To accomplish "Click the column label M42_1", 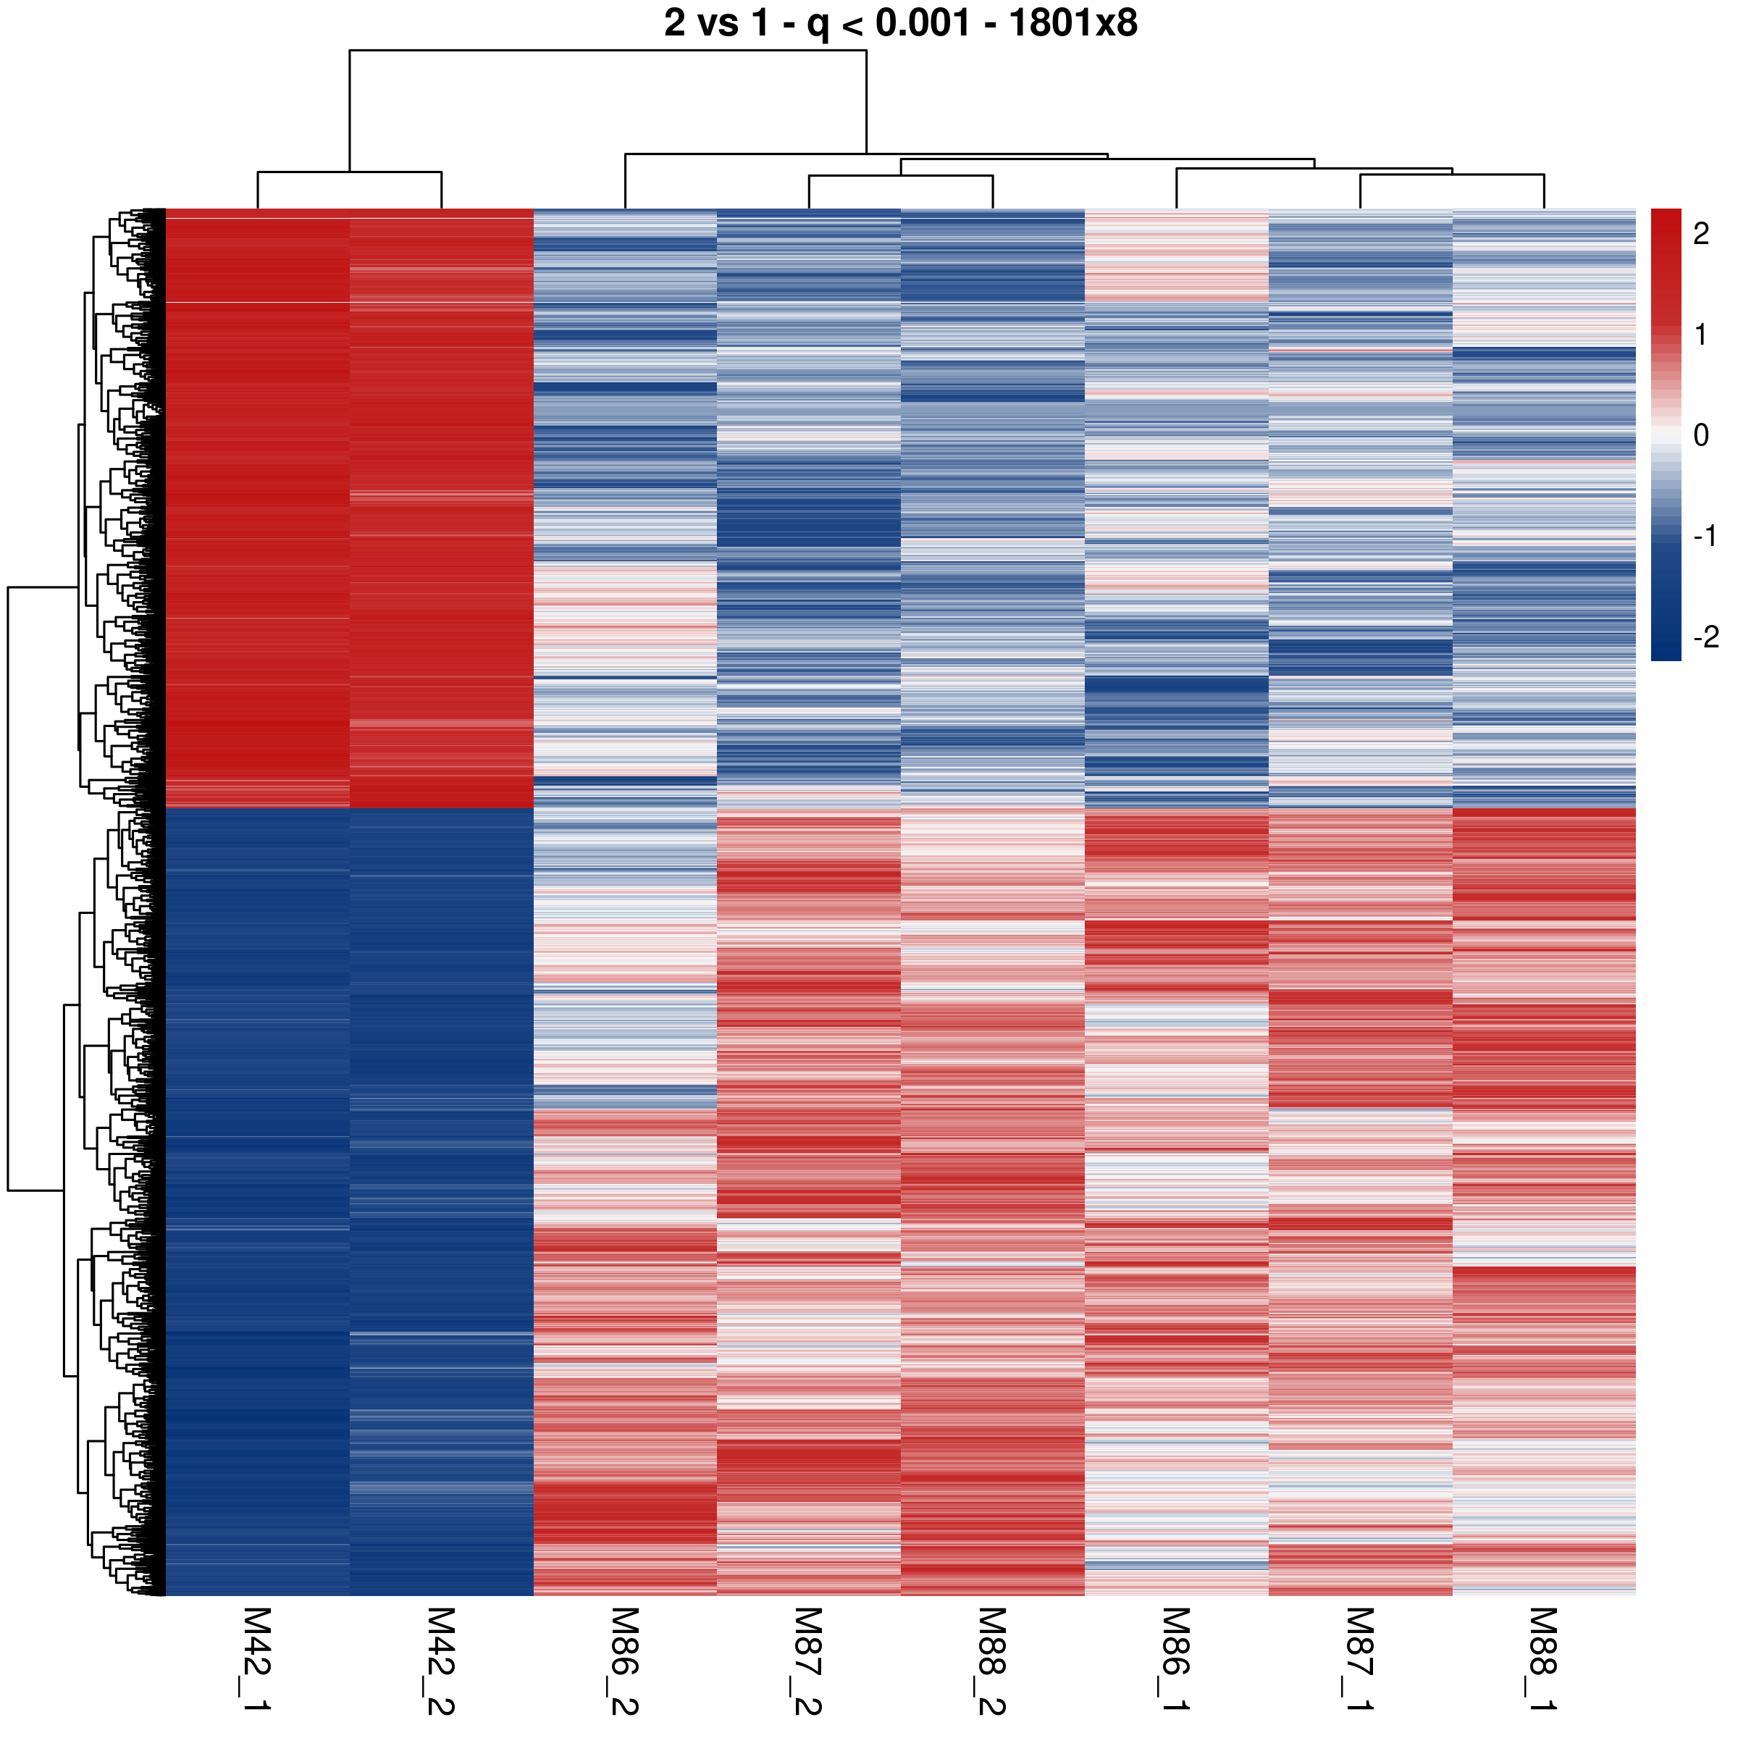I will [257, 1660].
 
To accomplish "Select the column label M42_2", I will [441, 1660].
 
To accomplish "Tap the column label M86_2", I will [624, 1660].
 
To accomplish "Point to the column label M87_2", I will [808, 1660].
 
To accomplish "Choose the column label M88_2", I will [991, 1660].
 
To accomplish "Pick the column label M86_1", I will [1176, 1660].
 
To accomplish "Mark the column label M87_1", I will [1359, 1660].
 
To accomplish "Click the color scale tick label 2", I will [1700, 234].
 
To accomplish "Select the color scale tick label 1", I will [1700, 335].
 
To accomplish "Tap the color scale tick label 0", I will [1700, 435].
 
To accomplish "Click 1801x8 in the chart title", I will [1072, 23].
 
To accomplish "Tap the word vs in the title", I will [717, 23].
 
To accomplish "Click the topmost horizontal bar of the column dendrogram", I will [608, 51].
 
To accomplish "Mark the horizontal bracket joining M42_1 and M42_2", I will [349, 172].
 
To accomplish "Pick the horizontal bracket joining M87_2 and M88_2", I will [900, 175].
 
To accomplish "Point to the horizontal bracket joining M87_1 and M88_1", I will [1452, 175].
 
